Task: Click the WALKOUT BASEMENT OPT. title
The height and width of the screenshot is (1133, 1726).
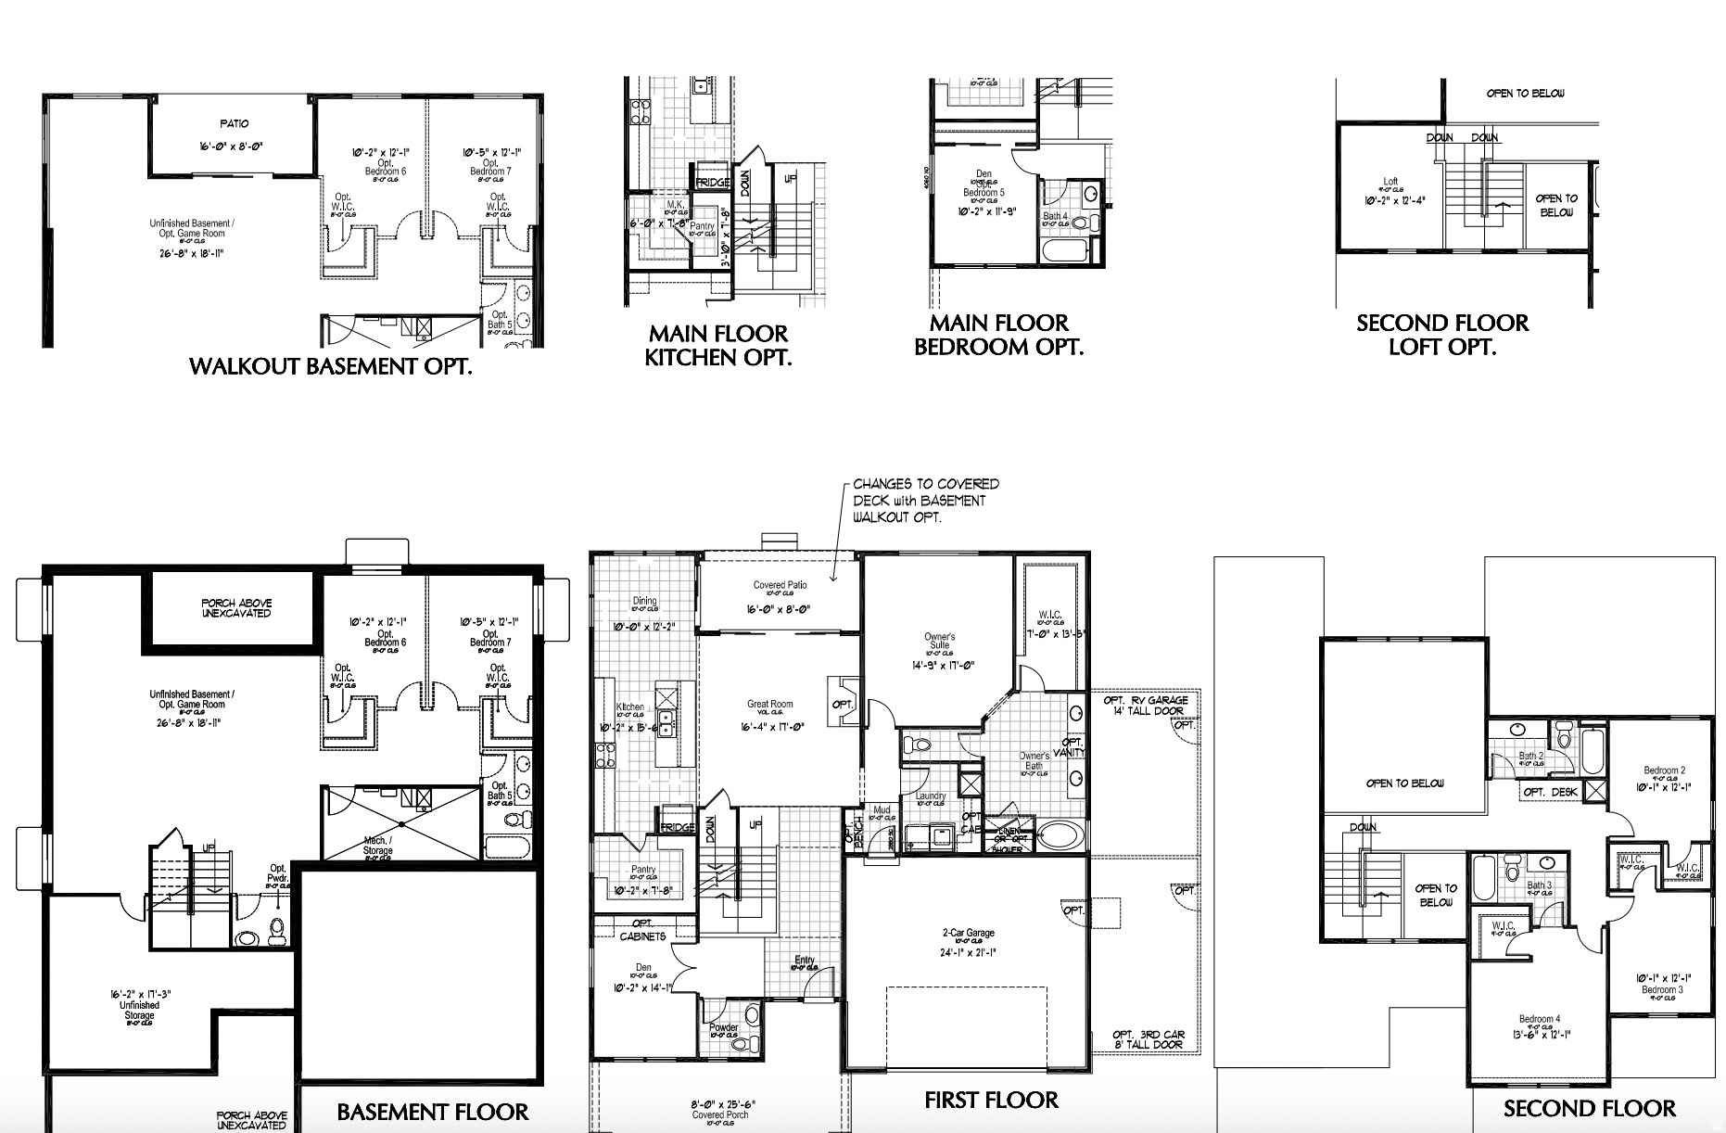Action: pyautogui.click(x=330, y=366)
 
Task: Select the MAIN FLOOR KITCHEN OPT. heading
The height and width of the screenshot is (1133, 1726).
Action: pyautogui.click(x=718, y=345)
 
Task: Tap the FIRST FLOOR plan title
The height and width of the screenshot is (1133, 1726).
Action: pyautogui.click(x=991, y=1100)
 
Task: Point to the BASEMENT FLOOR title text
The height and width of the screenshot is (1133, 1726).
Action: pyautogui.click(x=432, y=1112)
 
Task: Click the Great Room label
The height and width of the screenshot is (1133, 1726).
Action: pyautogui.click(x=770, y=705)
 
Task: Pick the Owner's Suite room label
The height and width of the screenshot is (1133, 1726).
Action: pyautogui.click(x=939, y=642)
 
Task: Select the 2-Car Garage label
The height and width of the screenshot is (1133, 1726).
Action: pyautogui.click(x=968, y=934)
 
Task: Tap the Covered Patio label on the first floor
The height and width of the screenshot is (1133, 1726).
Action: pyautogui.click(x=780, y=586)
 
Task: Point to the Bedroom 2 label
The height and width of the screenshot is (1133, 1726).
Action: pyautogui.click(x=1665, y=770)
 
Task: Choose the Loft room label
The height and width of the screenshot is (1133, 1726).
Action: pyautogui.click(x=1390, y=183)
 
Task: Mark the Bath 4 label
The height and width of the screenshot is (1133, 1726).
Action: pyautogui.click(x=1055, y=217)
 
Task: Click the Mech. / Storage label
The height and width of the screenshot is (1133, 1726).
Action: pyautogui.click(x=377, y=845)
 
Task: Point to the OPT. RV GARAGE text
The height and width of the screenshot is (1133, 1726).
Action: pyautogui.click(x=1146, y=701)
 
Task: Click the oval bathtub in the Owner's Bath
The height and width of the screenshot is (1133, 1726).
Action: pyautogui.click(x=1057, y=835)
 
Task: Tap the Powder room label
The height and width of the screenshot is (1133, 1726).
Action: pyautogui.click(x=723, y=1027)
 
